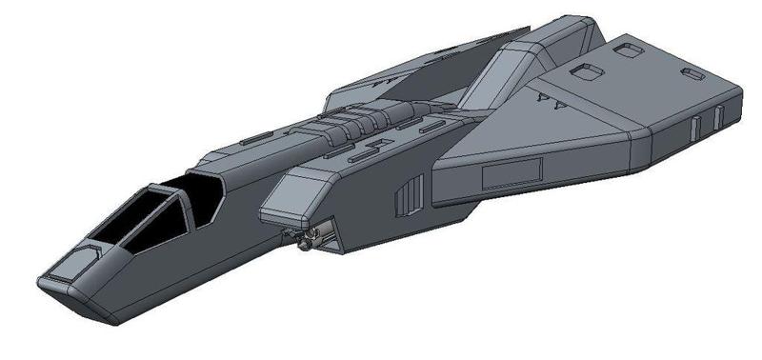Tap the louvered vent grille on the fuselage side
407,195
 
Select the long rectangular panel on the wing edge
511,173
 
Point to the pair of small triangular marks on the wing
551,97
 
